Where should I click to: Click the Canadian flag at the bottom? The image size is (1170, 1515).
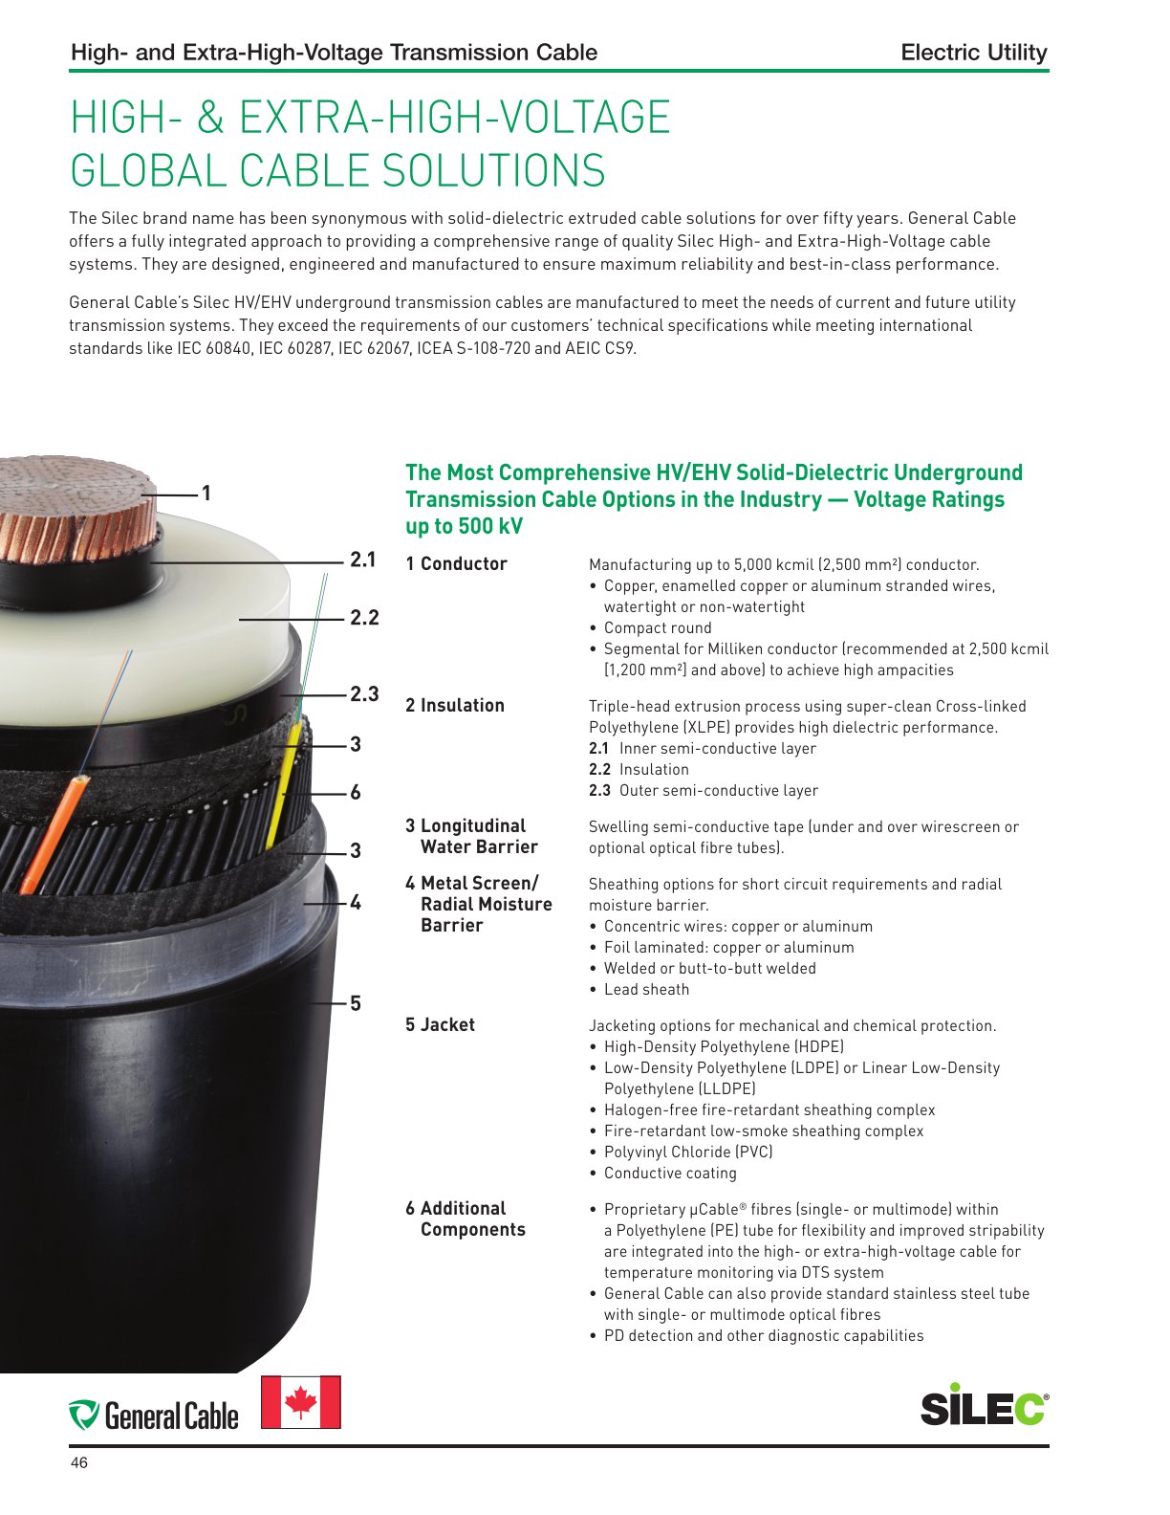click(300, 1402)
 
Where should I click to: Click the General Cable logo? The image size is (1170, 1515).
click(153, 1416)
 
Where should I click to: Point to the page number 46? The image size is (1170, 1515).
click(79, 1462)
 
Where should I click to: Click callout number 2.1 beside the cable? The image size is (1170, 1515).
click(362, 560)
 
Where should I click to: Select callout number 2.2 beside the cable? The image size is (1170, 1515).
click(364, 617)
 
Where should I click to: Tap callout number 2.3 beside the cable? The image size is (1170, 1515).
click(364, 693)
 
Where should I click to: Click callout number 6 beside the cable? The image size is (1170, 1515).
click(356, 792)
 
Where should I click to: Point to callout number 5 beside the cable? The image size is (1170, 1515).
click(356, 1003)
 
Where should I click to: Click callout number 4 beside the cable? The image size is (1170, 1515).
click(356, 902)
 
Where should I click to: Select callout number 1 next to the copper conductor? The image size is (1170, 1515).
click(206, 494)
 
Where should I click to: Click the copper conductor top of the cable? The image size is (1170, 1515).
click(76, 509)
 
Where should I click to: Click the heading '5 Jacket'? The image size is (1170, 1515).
click(440, 1024)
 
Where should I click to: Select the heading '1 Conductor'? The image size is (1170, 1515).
click(456, 563)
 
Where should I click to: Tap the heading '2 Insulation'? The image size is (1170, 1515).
click(455, 705)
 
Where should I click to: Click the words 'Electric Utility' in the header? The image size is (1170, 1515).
click(973, 53)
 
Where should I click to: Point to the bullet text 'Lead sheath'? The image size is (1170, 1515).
click(646, 989)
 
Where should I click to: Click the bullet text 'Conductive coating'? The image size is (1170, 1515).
click(670, 1173)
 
